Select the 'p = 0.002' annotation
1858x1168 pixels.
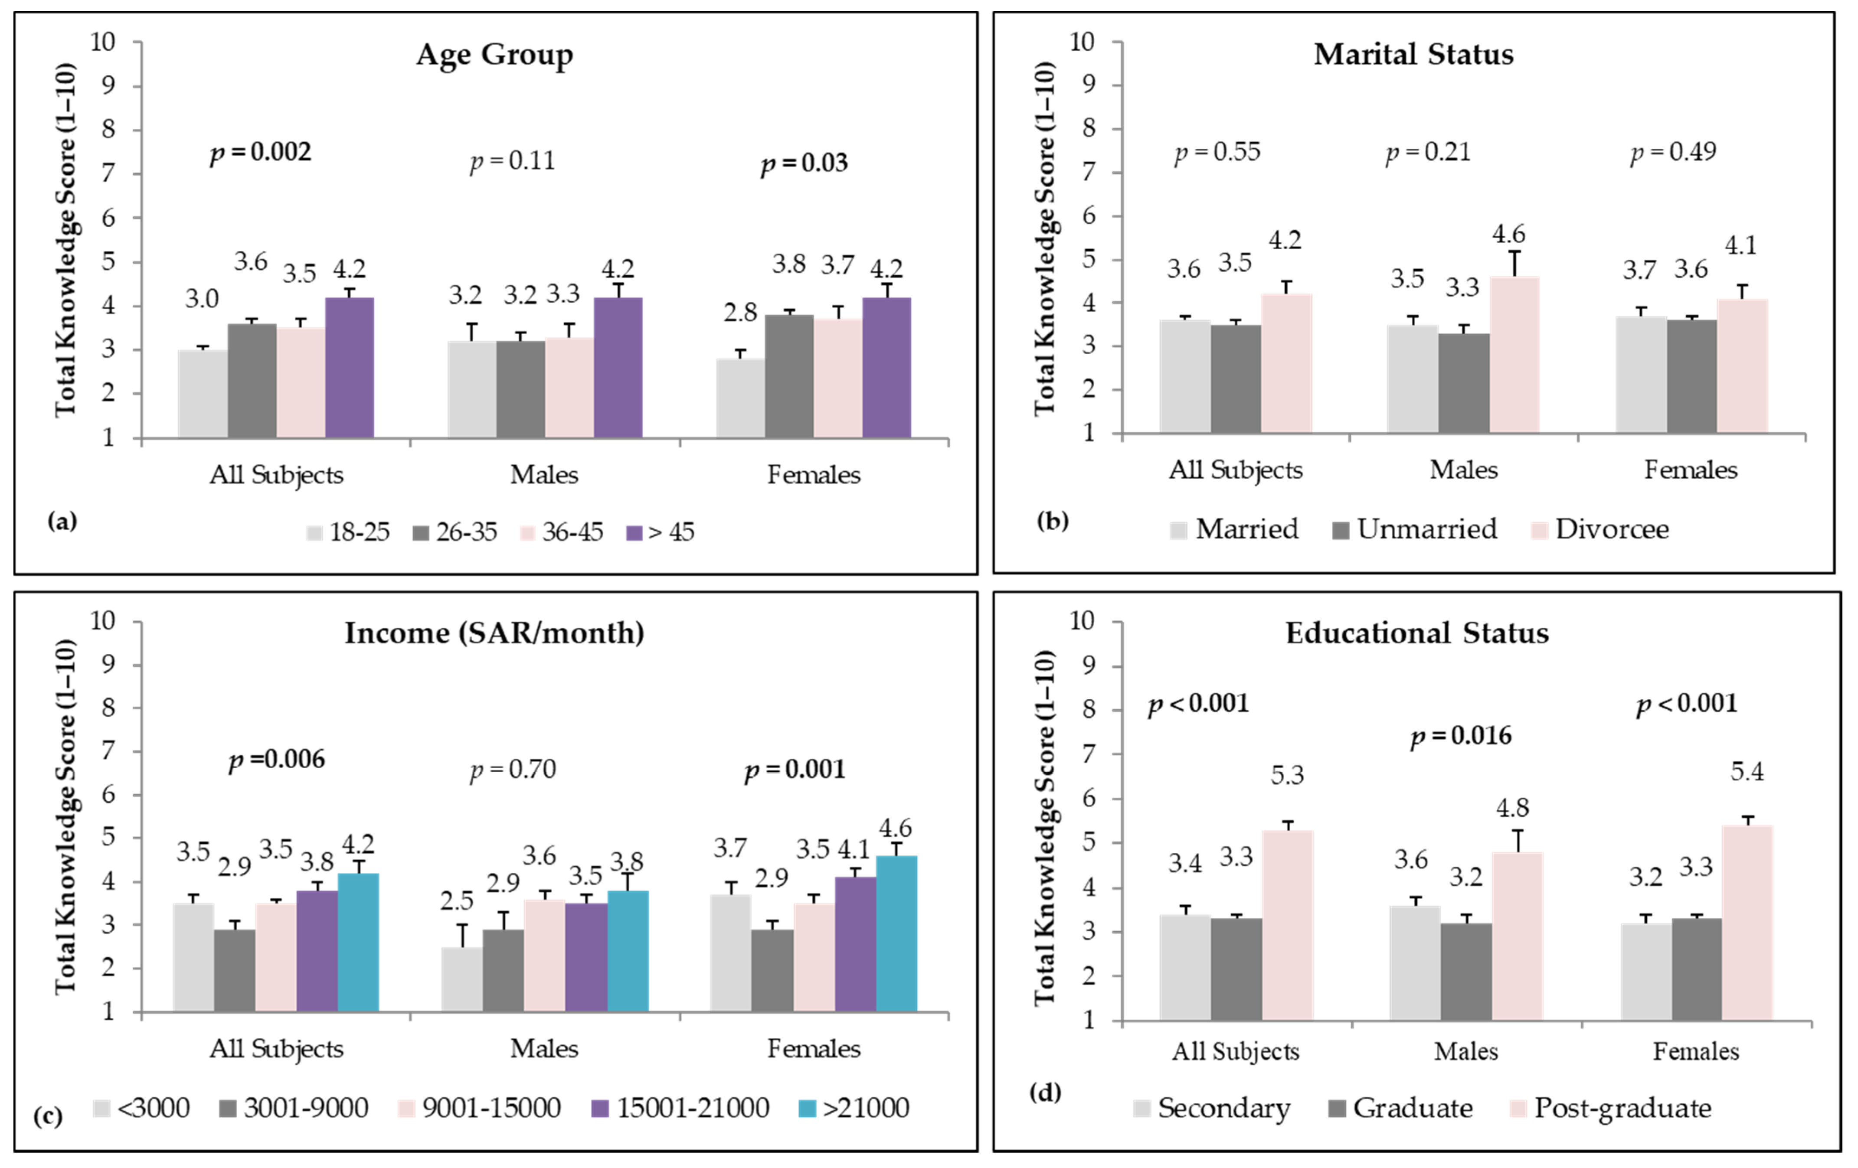(261, 153)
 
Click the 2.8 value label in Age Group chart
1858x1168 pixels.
(740, 313)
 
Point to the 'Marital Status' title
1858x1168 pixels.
(1413, 54)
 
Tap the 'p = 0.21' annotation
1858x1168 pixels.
(1428, 152)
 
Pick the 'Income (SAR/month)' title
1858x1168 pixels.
(494, 633)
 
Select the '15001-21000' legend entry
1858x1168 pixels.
(680, 1108)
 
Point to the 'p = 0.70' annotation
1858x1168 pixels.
(513, 770)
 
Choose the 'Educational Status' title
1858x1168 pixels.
(1416, 633)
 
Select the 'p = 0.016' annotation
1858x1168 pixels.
(1461, 737)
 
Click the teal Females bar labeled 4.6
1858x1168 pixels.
(896, 933)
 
